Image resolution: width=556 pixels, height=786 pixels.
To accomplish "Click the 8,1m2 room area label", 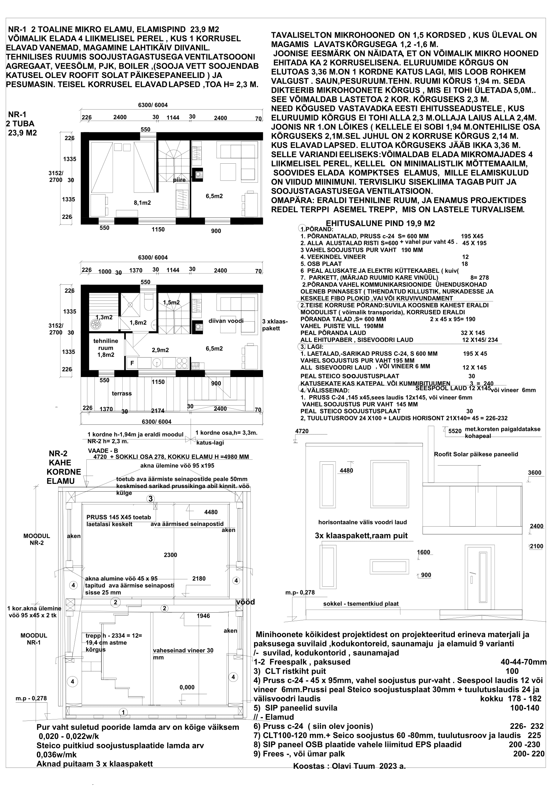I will tap(142, 203).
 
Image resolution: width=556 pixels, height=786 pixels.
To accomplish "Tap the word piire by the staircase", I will tap(179, 180).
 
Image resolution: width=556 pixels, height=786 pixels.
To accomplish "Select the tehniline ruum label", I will tap(106, 347).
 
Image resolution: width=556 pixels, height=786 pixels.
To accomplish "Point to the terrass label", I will tap(122, 394).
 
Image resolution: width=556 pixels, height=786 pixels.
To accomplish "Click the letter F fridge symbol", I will tap(132, 363).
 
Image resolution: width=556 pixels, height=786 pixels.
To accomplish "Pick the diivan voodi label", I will tap(226, 321).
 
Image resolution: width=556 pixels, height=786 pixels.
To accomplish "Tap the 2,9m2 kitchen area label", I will tap(160, 350).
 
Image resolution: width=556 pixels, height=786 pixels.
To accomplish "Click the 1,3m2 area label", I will tap(104, 317).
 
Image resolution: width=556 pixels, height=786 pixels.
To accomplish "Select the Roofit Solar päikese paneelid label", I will tap(476, 454).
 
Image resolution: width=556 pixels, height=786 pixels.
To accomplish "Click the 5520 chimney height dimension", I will tap(455, 431).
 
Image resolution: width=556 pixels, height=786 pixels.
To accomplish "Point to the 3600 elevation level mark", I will tap(534, 473).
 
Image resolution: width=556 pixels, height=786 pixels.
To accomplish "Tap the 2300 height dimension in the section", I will tap(170, 555).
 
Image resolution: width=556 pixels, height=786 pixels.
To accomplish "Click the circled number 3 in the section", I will tap(151, 499).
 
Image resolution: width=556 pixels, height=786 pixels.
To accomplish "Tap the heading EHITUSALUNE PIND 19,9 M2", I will tap(380, 223).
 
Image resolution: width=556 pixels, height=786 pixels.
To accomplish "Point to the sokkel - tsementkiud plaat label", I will tap(360, 604).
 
